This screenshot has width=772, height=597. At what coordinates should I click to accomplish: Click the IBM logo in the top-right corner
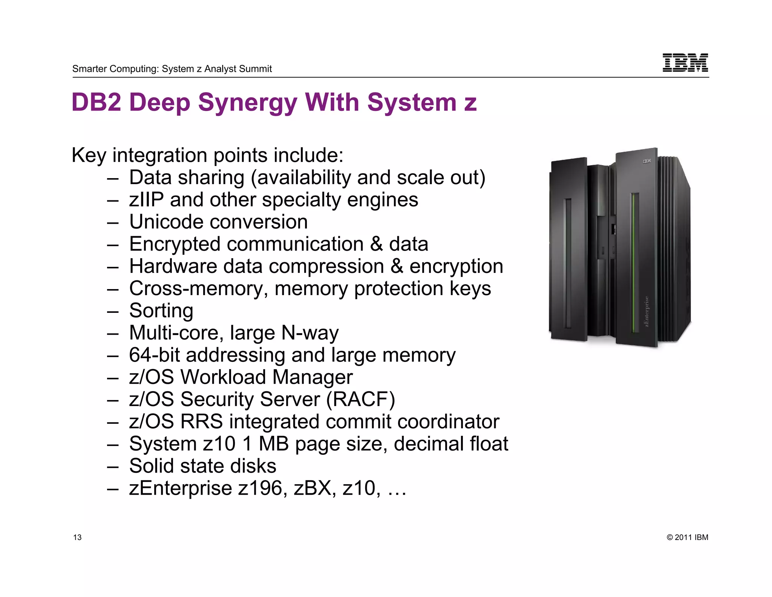pyautogui.click(x=685, y=63)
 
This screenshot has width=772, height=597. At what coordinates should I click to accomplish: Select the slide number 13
pyautogui.click(x=77, y=537)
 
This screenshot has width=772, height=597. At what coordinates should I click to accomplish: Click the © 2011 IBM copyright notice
pyautogui.click(x=687, y=537)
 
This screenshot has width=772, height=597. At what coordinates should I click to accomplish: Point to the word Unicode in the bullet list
pyautogui.click(x=172, y=222)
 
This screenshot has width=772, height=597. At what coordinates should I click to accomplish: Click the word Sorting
pyautogui.click(x=161, y=311)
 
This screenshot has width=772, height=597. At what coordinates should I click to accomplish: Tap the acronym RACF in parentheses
pyautogui.click(x=360, y=399)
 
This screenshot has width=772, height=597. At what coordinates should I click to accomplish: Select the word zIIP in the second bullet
pyautogui.click(x=146, y=200)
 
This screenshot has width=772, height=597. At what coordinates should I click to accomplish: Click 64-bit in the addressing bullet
pyautogui.click(x=154, y=355)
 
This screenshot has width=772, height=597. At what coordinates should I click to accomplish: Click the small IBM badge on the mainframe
pyautogui.click(x=646, y=161)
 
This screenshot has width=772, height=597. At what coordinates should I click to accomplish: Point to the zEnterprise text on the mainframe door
pyautogui.click(x=646, y=311)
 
